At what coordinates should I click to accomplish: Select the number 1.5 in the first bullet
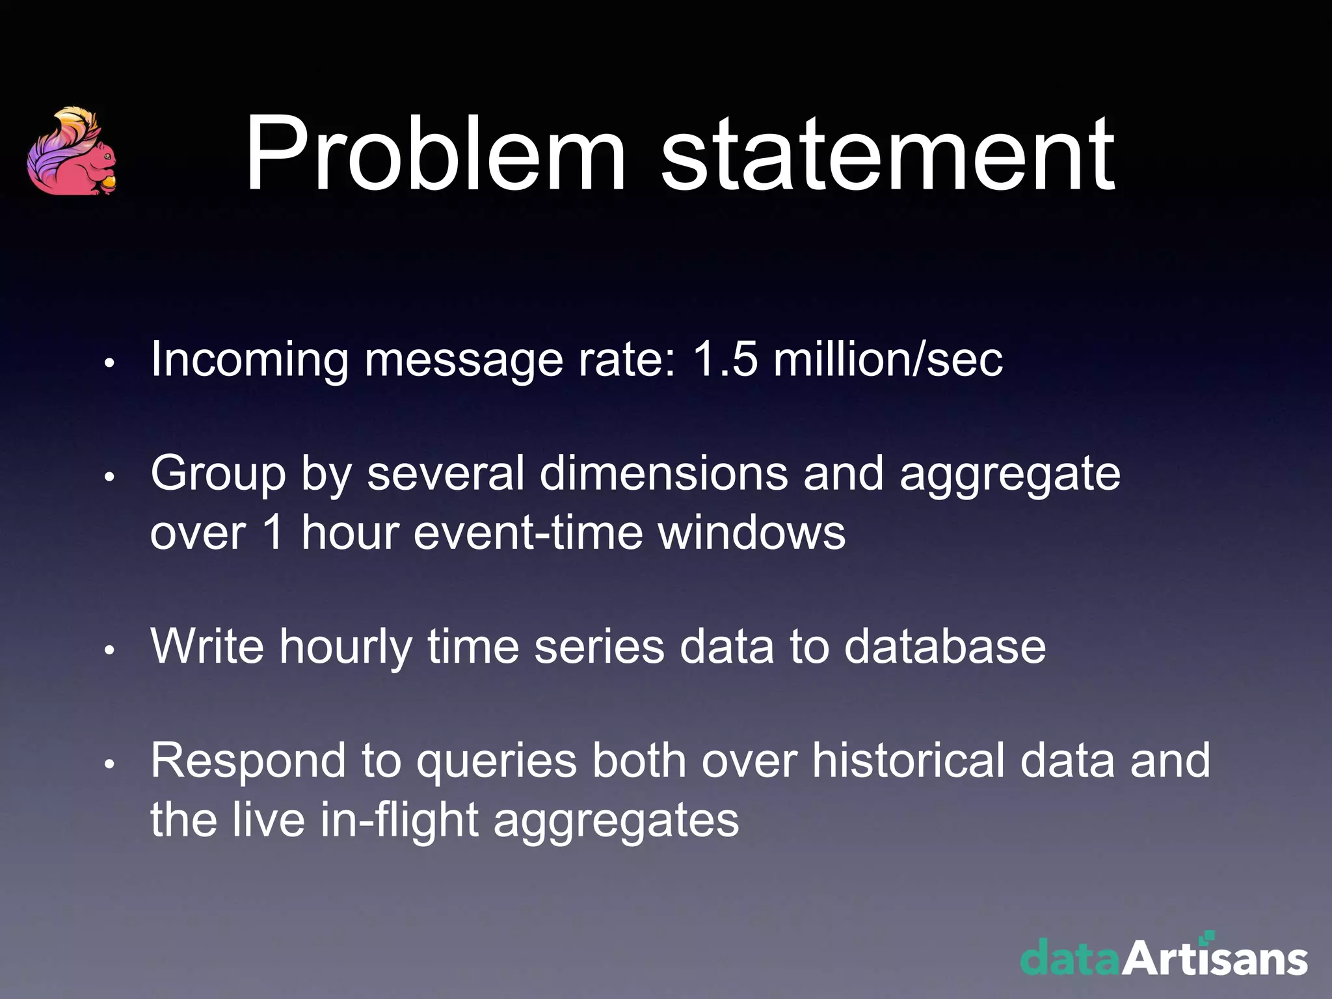[x=725, y=359]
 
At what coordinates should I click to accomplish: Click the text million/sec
[x=888, y=359]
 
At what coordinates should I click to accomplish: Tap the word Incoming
[x=250, y=360]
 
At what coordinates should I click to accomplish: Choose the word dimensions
[x=663, y=473]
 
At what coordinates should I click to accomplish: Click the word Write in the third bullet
[x=207, y=646]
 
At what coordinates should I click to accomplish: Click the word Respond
[x=248, y=761]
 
